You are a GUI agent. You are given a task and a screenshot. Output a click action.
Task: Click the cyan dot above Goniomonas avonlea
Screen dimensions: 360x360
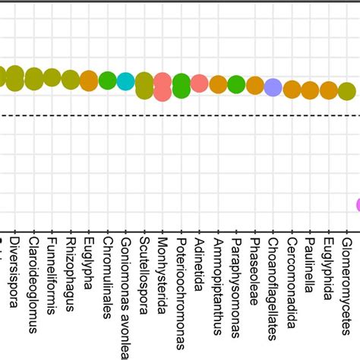point(126,81)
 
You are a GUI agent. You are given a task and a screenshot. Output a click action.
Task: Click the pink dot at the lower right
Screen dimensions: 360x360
point(357,204)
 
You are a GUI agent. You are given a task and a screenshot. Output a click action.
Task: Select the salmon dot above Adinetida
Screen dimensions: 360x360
point(200,84)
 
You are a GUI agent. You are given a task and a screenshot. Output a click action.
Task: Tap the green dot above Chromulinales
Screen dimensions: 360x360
point(108,81)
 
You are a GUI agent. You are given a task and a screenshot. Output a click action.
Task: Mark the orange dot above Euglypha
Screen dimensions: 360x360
point(89,80)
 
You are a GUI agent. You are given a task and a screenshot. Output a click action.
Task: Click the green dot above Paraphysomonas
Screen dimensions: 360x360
point(236,85)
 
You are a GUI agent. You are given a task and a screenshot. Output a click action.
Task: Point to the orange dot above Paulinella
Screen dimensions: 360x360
point(310,90)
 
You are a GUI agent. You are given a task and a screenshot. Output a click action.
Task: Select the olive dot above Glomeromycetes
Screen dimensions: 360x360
point(347,91)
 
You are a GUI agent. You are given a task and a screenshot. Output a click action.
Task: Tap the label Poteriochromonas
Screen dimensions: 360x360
point(182,285)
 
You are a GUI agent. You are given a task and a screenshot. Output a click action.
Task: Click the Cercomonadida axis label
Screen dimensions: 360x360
point(292,278)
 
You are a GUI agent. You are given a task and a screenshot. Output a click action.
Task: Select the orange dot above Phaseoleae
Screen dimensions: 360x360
point(255,86)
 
